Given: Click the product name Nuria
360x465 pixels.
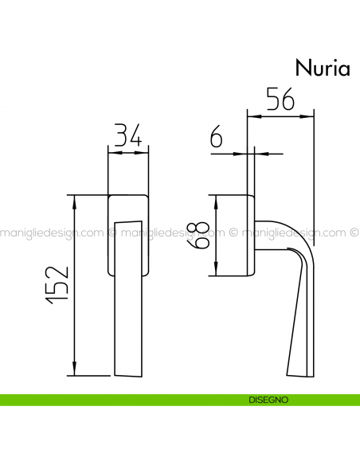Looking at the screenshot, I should (323, 68).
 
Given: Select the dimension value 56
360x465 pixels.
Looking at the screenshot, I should (280, 100).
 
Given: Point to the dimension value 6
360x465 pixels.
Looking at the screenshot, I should (215, 139).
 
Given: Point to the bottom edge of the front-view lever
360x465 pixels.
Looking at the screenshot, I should (127, 375).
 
